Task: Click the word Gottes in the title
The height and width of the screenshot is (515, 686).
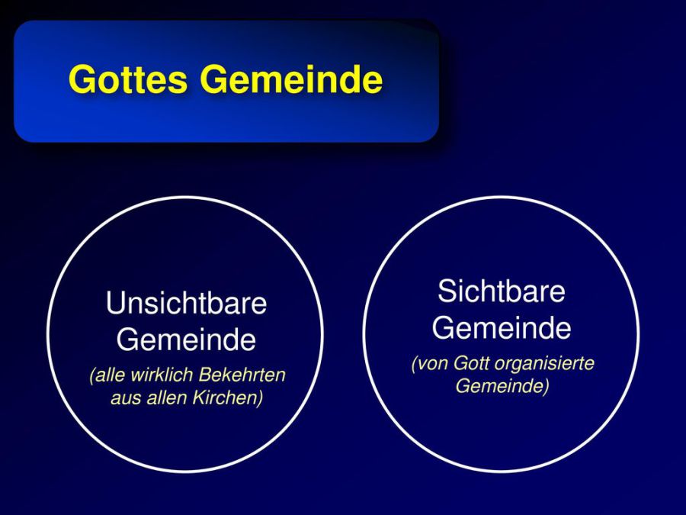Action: (128, 79)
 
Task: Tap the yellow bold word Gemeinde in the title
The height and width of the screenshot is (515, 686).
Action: (291, 79)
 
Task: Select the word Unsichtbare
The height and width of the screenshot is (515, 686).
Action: (187, 303)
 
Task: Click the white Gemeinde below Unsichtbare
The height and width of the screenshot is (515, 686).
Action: (187, 340)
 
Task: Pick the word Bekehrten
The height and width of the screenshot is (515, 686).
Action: (242, 375)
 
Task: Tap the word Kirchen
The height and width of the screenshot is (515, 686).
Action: (228, 398)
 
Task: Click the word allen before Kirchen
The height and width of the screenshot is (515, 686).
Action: (167, 398)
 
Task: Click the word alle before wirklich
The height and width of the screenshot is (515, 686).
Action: (108, 375)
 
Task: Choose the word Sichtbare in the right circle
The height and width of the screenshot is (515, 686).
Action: (502, 291)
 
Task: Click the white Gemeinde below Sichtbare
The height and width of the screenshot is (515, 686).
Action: (502, 327)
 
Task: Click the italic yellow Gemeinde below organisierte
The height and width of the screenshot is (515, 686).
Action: (502, 386)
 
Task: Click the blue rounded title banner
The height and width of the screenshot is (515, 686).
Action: (226, 81)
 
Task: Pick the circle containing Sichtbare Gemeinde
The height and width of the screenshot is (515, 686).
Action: (363, 334)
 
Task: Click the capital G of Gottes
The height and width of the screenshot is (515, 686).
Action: (81, 79)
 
